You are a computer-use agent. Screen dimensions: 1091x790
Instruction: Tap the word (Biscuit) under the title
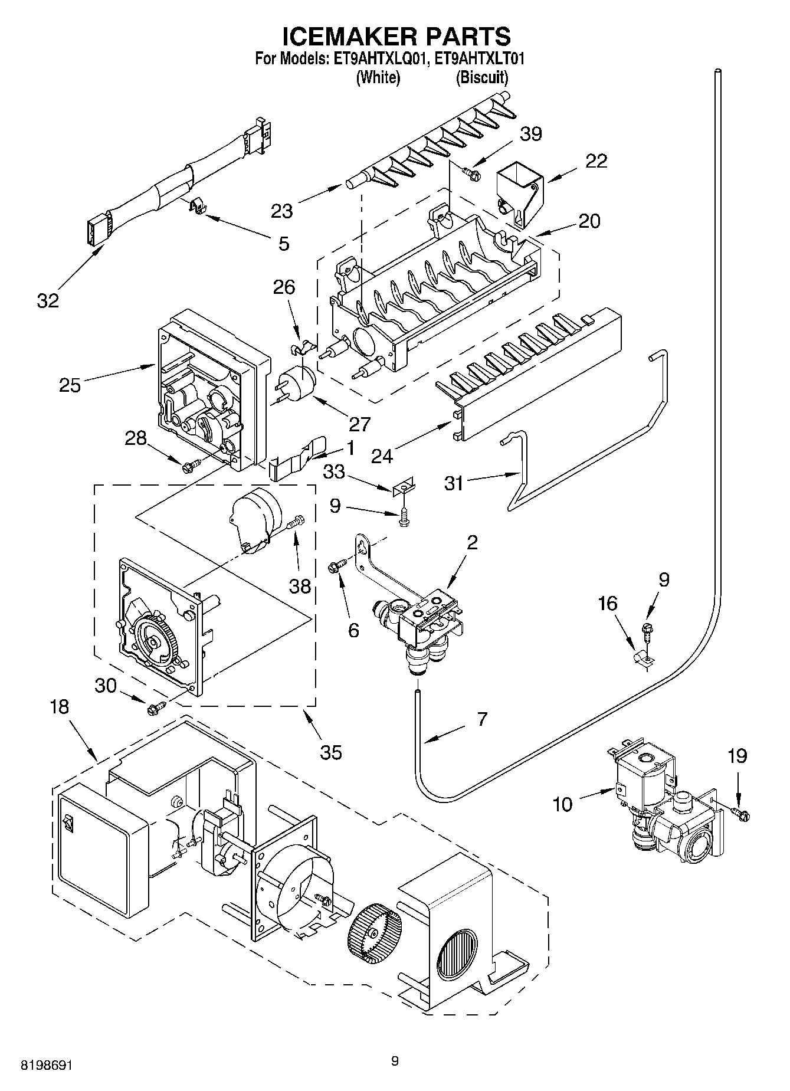(481, 77)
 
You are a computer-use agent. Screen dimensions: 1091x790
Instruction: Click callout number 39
(530, 134)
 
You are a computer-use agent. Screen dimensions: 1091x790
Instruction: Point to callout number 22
(596, 161)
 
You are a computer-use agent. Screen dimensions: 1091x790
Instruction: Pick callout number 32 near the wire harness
(48, 300)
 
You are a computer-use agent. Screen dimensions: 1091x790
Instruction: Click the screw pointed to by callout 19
(741, 814)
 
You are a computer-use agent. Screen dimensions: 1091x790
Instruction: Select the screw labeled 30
(156, 707)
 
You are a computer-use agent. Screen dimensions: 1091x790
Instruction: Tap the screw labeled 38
(296, 522)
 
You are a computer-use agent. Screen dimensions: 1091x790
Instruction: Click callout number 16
(607, 603)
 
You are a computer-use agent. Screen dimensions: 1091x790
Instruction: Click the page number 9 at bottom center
(395, 1061)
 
